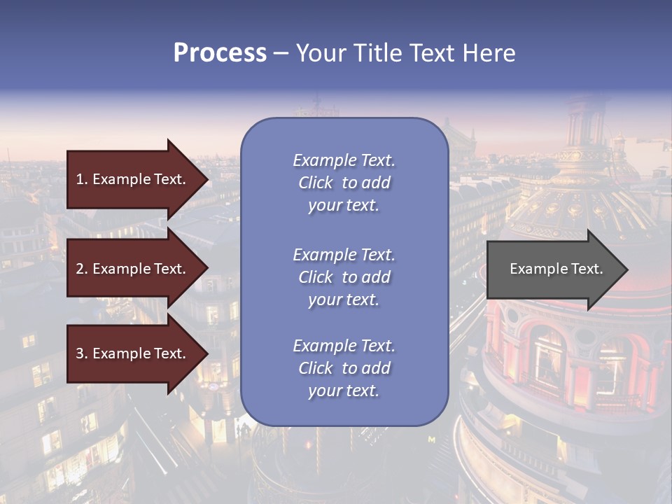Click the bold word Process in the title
coord(220,53)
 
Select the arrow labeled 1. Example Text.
coord(133,179)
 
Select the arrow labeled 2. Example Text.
coord(133,269)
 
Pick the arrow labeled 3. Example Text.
coord(133,354)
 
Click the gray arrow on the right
coord(553,269)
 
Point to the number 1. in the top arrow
coord(82,179)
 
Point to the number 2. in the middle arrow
coord(82,269)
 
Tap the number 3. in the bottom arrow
coord(82,354)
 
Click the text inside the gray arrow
coord(556,269)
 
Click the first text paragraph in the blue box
coord(344,183)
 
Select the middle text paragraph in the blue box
coord(344,277)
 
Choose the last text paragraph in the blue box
coord(344,368)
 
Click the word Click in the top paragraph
coord(315,183)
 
